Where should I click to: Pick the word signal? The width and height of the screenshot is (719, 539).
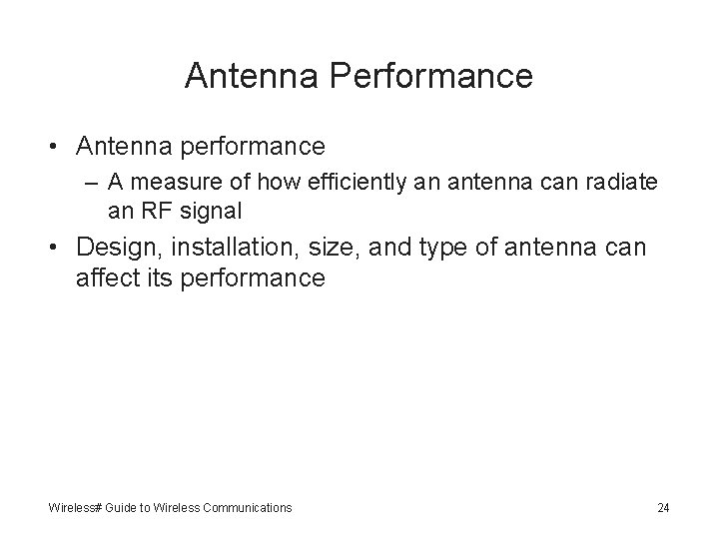click(x=203, y=212)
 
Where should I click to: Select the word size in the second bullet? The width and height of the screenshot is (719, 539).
click(x=333, y=247)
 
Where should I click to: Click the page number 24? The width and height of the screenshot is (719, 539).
click(x=663, y=508)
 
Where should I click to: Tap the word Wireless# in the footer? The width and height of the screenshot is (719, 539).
click(x=76, y=508)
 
